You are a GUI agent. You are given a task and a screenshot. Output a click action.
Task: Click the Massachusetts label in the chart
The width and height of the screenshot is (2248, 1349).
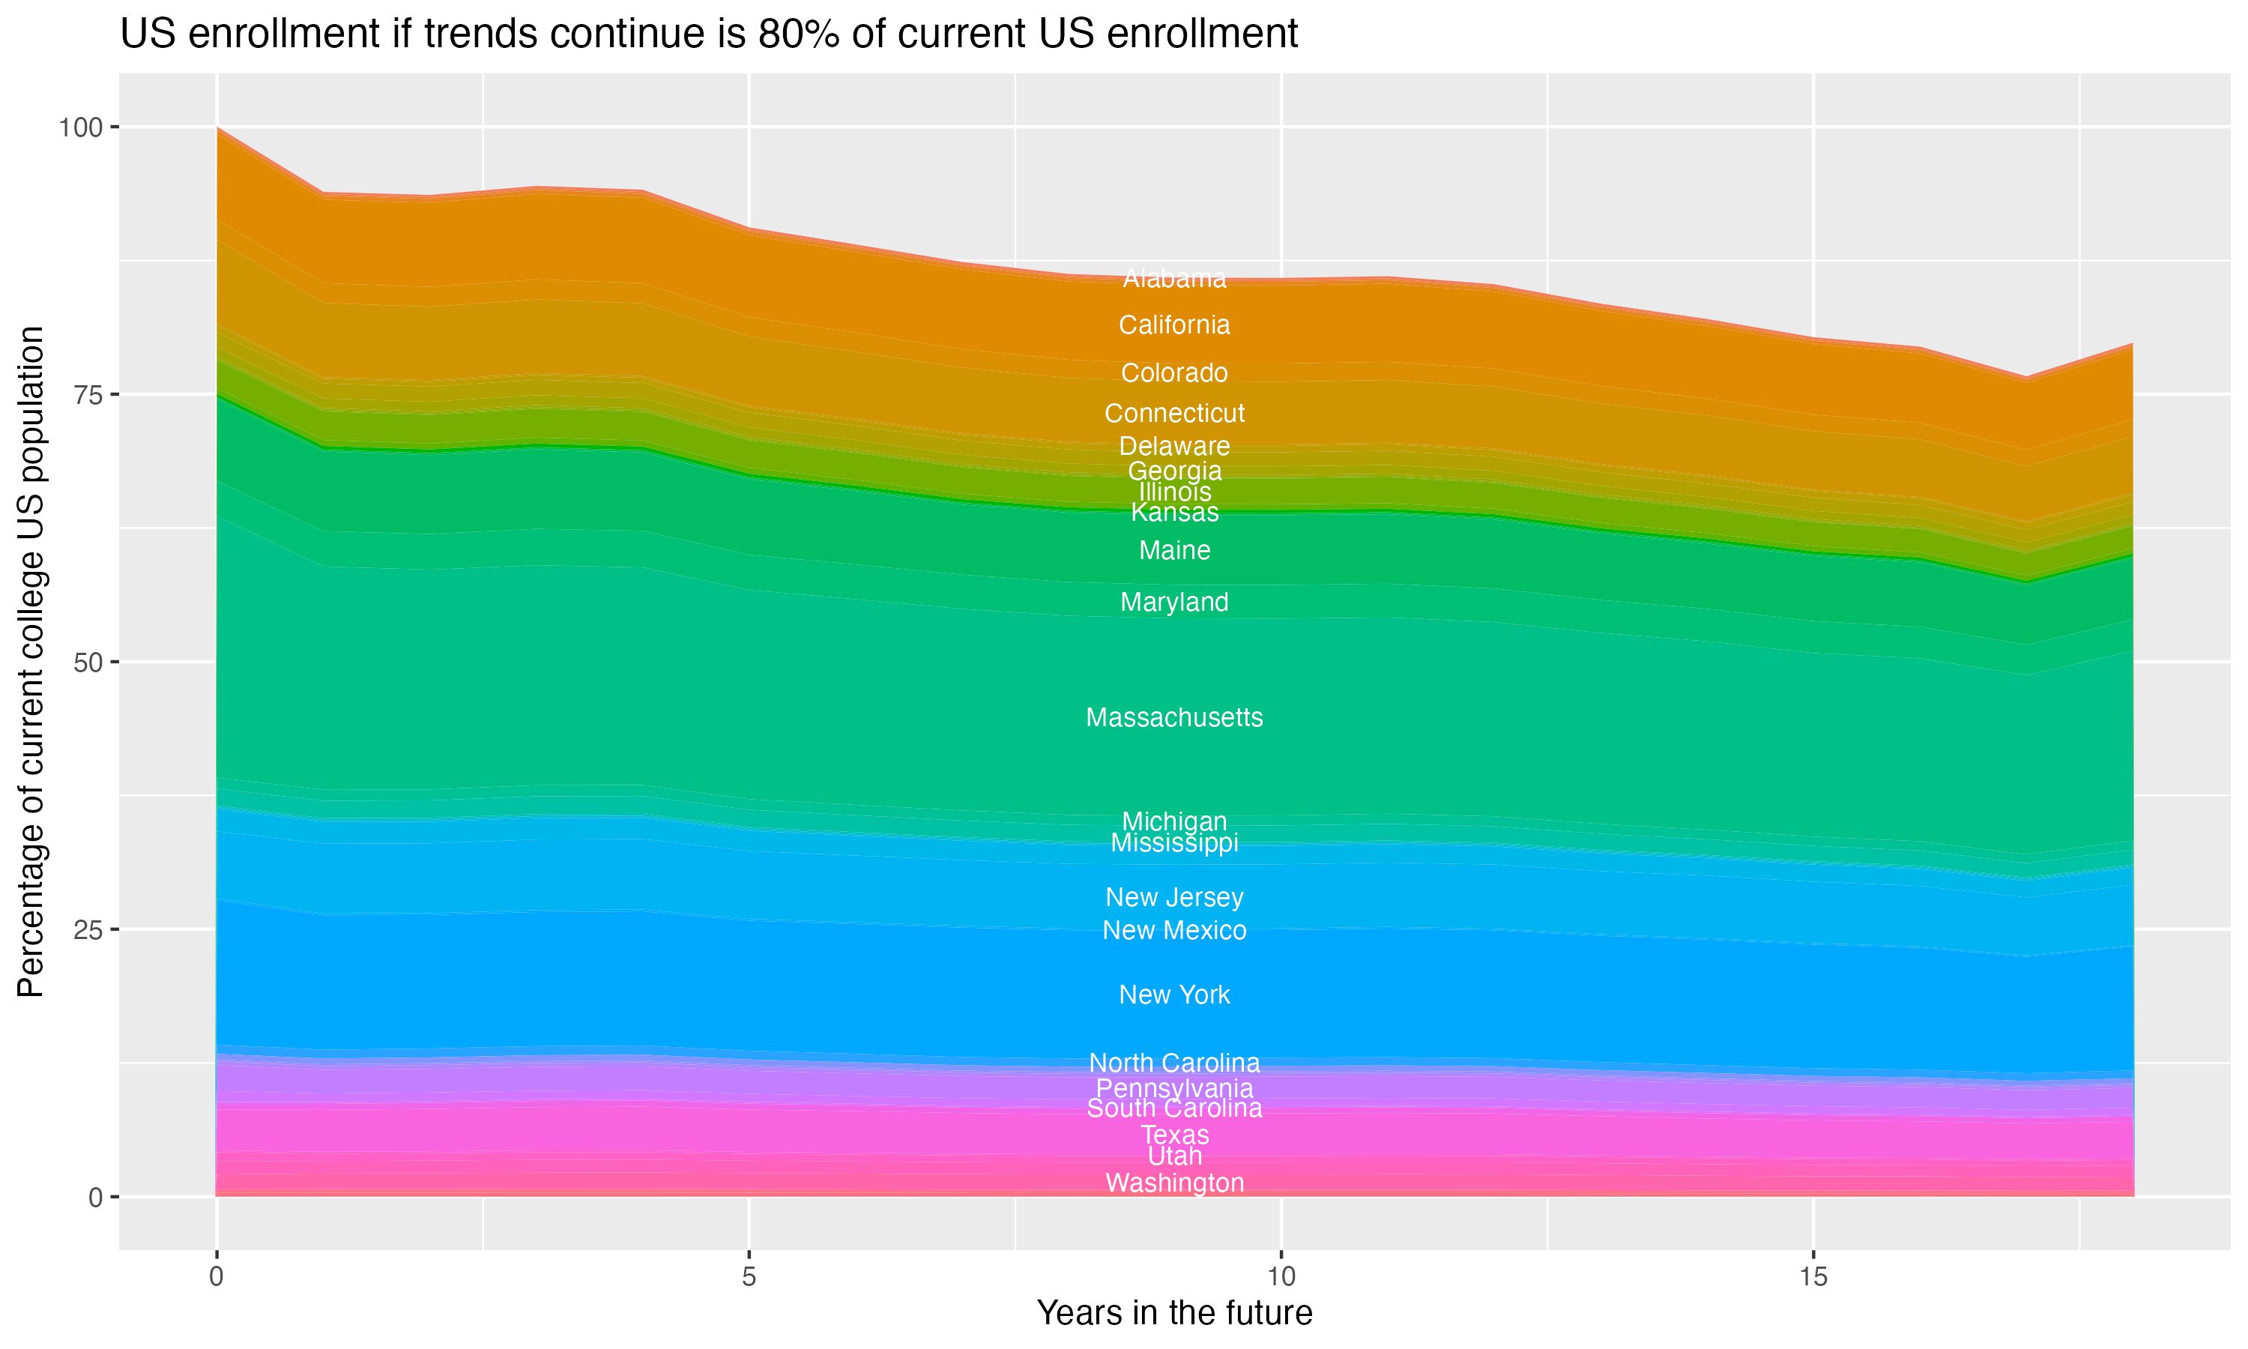pyautogui.click(x=1174, y=718)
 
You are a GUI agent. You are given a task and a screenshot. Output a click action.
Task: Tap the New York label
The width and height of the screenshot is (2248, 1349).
pyautogui.click(x=1174, y=995)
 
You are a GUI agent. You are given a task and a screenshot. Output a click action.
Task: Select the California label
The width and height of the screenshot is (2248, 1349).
pyautogui.click(x=1174, y=325)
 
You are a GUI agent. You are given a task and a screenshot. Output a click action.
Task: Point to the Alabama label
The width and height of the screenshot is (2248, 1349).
pyautogui.click(x=1174, y=278)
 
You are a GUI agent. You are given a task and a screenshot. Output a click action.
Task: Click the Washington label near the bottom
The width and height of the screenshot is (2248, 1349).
pyautogui.click(x=1174, y=1183)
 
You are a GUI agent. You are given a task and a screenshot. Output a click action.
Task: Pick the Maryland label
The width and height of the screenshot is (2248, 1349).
pyautogui.click(x=1174, y=603)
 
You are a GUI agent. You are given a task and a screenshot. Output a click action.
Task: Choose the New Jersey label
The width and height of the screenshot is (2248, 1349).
pyautogui.click(x=1174, y=897)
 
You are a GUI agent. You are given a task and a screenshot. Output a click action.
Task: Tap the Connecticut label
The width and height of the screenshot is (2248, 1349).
pyautogui.click(x=1174, y=414)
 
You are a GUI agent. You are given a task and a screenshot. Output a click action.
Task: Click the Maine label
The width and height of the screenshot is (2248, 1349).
pyautogui.click(x=1174, y=551)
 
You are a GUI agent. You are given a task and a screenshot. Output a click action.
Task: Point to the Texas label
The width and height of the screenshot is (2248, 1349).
pyautogui.click(x=1174, y=1135)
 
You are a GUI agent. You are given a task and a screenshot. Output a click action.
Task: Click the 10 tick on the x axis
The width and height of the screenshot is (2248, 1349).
pyautogui.click(x=1281, y=1277)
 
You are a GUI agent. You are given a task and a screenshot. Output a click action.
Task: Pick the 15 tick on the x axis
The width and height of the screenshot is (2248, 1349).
pyautogui.click(x=1813, y=1277)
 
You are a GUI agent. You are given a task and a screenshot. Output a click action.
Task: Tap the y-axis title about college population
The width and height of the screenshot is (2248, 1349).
pyautogui.click(x=31, y=661)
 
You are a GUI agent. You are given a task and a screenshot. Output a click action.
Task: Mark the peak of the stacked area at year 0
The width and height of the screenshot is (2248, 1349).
pyautogui.click(x=217, y=128)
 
